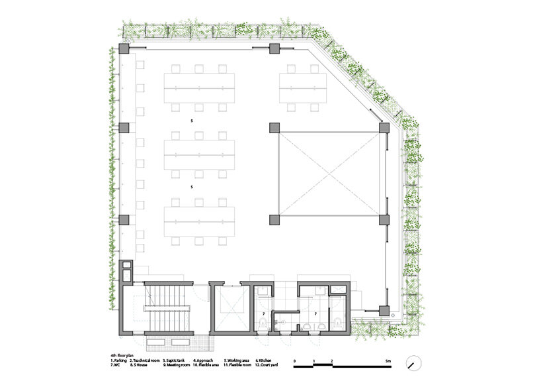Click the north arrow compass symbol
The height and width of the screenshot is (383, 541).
(415, 362)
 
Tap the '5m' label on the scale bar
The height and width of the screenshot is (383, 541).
(386, 358)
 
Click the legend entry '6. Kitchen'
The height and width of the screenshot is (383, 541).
(265, 360)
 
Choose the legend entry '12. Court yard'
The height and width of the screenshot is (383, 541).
(268, 365)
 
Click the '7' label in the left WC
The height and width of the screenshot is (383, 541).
(265, 313)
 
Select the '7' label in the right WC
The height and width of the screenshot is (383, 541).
(315, 313)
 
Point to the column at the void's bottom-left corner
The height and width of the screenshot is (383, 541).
(274, 220)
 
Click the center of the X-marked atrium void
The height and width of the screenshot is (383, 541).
(329, 174)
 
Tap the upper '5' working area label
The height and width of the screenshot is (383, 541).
(192, 121)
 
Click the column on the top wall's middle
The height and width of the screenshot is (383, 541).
(274, 50)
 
